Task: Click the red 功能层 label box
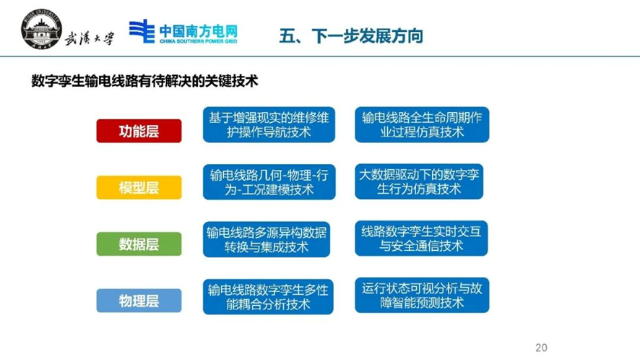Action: point(139,131)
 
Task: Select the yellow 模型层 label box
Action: point(139,187)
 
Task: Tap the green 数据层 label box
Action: point(139,244)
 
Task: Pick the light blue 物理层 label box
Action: point(139,301)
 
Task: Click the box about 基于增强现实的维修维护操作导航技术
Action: point(269,124)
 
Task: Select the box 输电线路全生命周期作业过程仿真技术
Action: point(422,124)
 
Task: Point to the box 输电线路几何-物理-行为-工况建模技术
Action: point(269,182)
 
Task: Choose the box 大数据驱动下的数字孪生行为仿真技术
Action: point(419,181)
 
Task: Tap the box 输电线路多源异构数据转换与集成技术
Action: point(267,239)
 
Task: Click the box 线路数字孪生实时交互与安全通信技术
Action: point(421,239)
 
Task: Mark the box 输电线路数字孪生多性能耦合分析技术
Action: point(268,296)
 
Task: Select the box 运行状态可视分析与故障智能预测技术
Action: point(422,295)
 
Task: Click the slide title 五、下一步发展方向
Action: point(351,36)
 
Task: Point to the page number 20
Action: point(541,348)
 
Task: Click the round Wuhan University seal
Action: point(41,30)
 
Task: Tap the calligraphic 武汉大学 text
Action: point(90,38)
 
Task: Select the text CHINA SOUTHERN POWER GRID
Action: point(199,41)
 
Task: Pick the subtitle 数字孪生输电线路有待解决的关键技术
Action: point(144,81)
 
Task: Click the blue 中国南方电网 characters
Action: point(199,31)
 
